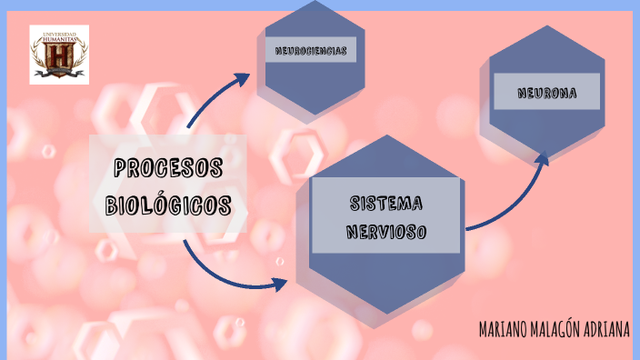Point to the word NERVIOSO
click(386, 232)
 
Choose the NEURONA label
click(546, 92)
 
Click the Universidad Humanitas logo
click(59, 55)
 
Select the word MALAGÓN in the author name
click(560, 329)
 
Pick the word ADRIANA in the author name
click(607, 329)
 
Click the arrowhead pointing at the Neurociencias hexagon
click(243, 77)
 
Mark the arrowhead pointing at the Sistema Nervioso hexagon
click(279, 285)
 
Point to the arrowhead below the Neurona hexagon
click(544, 160)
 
